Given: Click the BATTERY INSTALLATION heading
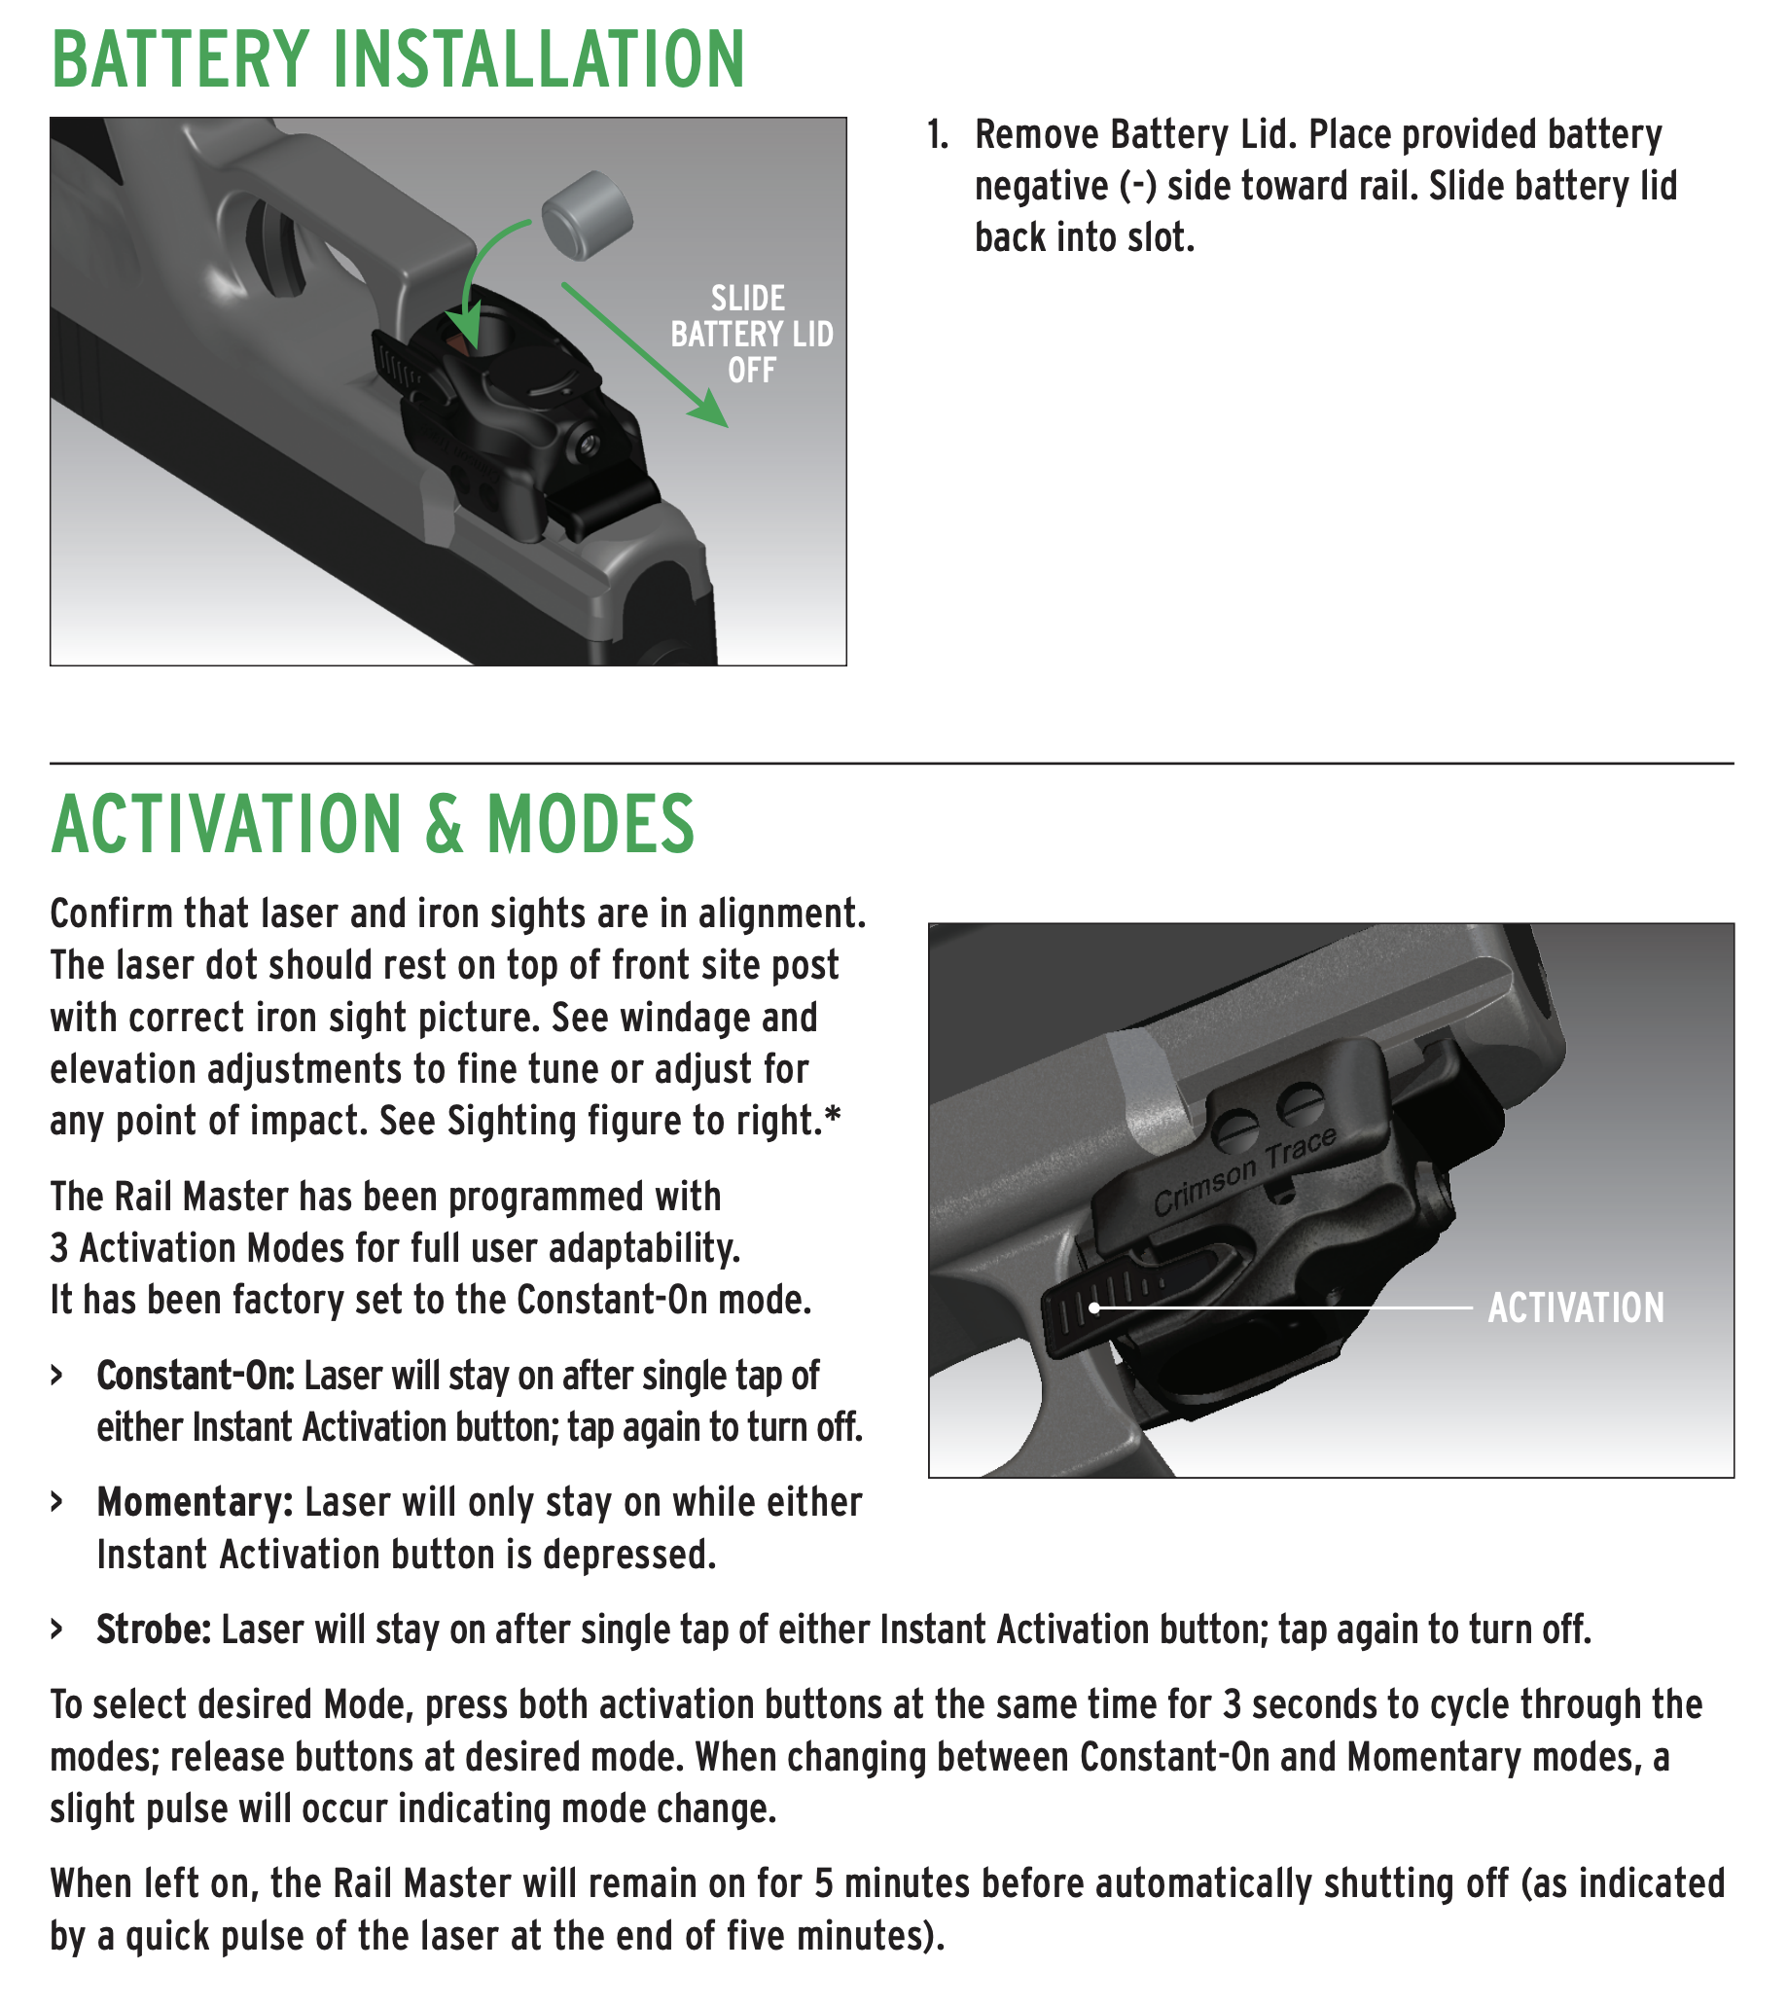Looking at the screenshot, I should point(398,59).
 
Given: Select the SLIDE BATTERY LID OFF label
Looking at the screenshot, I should point(752,334).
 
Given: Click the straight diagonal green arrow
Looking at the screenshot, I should point(643,355).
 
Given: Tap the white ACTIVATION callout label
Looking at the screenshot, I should point(1575,1307).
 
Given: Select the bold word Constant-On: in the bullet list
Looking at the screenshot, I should point(196,1377).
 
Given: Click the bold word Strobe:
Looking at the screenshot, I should point(154,1629).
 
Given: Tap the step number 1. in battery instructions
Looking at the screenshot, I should point(938,135).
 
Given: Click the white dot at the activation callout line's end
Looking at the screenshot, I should point(1093,1307).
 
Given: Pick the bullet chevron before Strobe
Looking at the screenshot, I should point(57,1630).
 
